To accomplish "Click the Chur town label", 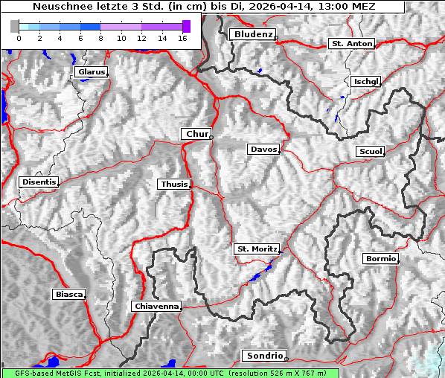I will (196, 134).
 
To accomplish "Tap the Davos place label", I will (263, 150).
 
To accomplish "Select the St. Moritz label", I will (256, 249).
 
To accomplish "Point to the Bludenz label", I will (252, 34).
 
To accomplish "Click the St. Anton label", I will (350, 44).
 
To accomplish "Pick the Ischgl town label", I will (366, 81).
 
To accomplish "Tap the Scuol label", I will (370, 151).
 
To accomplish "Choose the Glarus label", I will (90, 72).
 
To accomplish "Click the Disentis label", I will (39, 182).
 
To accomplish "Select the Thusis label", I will (174, 184).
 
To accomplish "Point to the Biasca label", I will (68, 295).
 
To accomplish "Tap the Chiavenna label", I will (156, 306).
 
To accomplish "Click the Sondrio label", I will (263, 356).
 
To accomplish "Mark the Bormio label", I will (381, 259).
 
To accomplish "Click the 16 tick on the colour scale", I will (182, 37).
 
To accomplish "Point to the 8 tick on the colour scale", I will (100, 37).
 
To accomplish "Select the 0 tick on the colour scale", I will (19, 37).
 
